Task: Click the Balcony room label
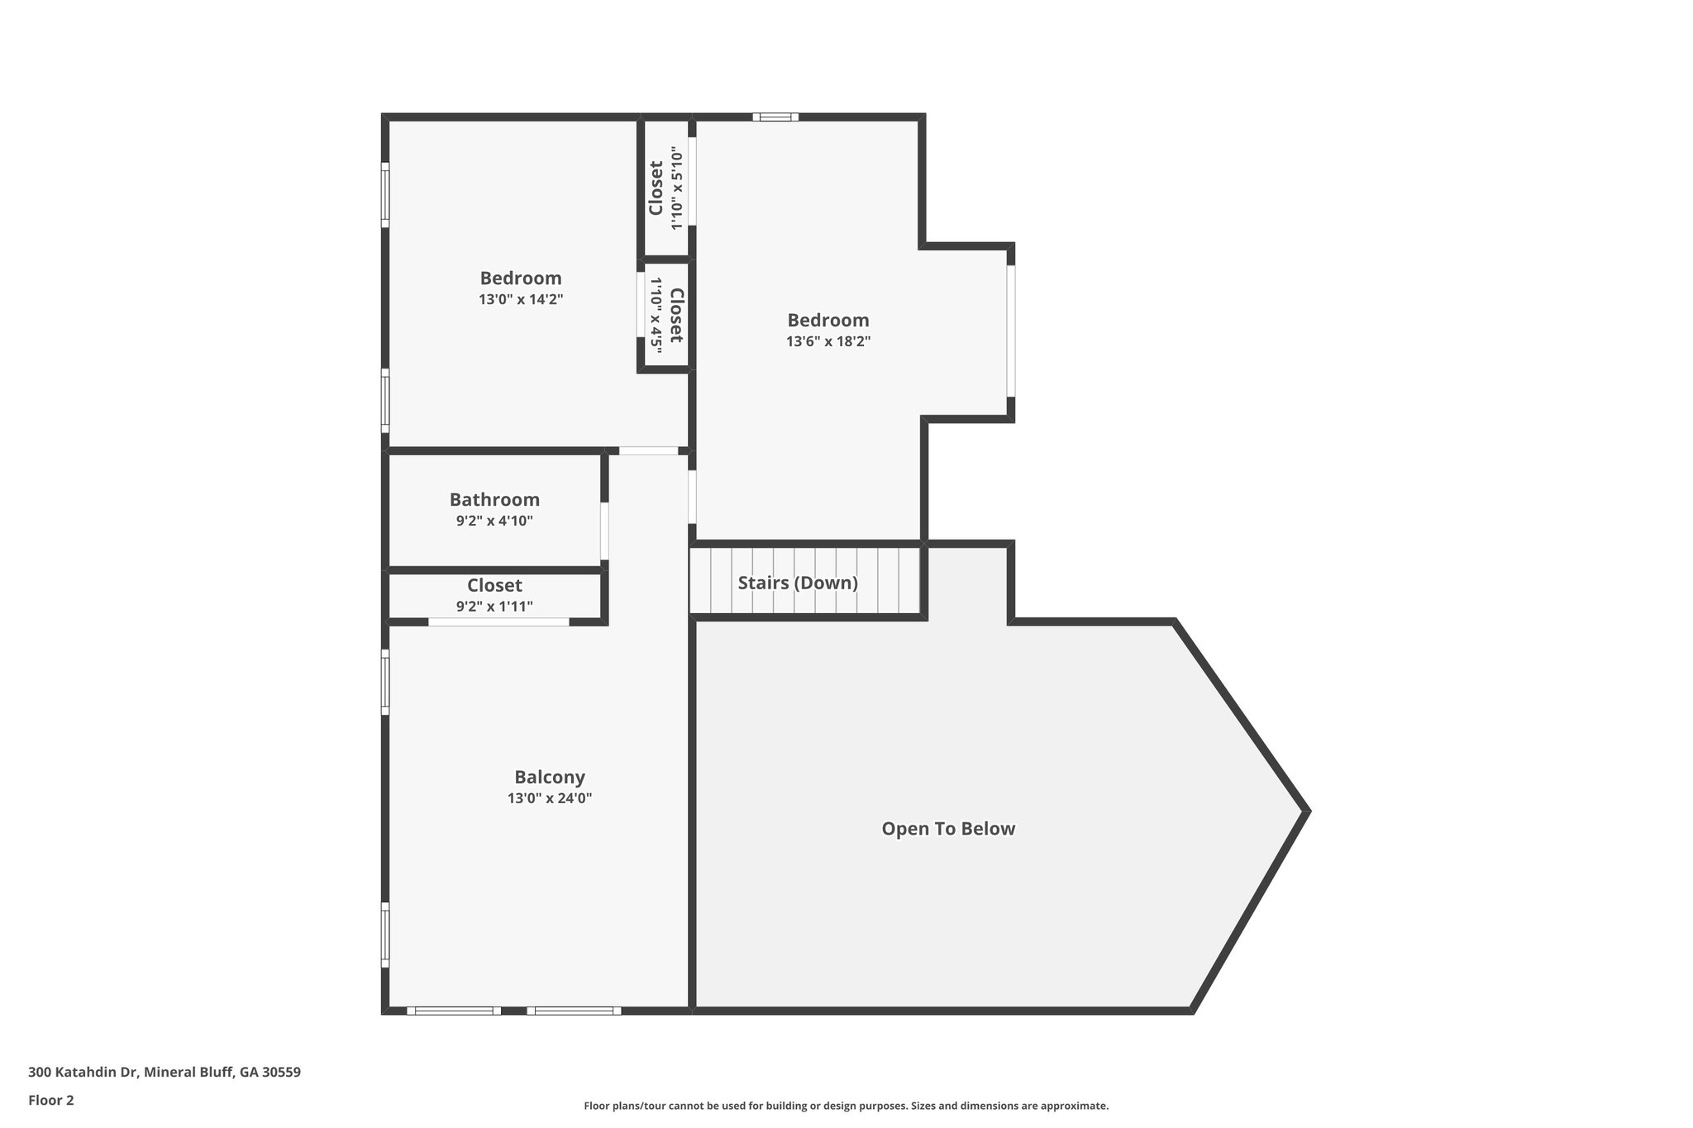click(x=549, y=777)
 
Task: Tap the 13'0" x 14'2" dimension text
click(x=520, y=299)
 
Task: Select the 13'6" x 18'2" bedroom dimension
click(x=827, y=341)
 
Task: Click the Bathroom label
click(x=494, y=499)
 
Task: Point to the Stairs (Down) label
click(x=797, y=583)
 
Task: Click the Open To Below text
click(x=947, y=829)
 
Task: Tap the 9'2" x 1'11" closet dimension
click(x=494, y=607)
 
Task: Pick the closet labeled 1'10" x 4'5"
click(x=665, y=315)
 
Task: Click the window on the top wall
click(x=775, y=117)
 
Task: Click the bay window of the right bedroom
click(x=1010, y=331)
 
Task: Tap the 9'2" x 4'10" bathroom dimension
click(x=494, y=521)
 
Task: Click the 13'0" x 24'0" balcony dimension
click(x=549, y=798)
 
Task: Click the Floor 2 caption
click(x=51, y=1100)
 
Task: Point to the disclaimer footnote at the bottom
click(x=846, y=1106)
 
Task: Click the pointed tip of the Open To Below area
click(x=1306, y=811)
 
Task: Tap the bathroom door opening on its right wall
click(x=604, y=531)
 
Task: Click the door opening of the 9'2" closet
click(x=498, y=621)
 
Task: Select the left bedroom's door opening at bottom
click(x=648, y=450)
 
